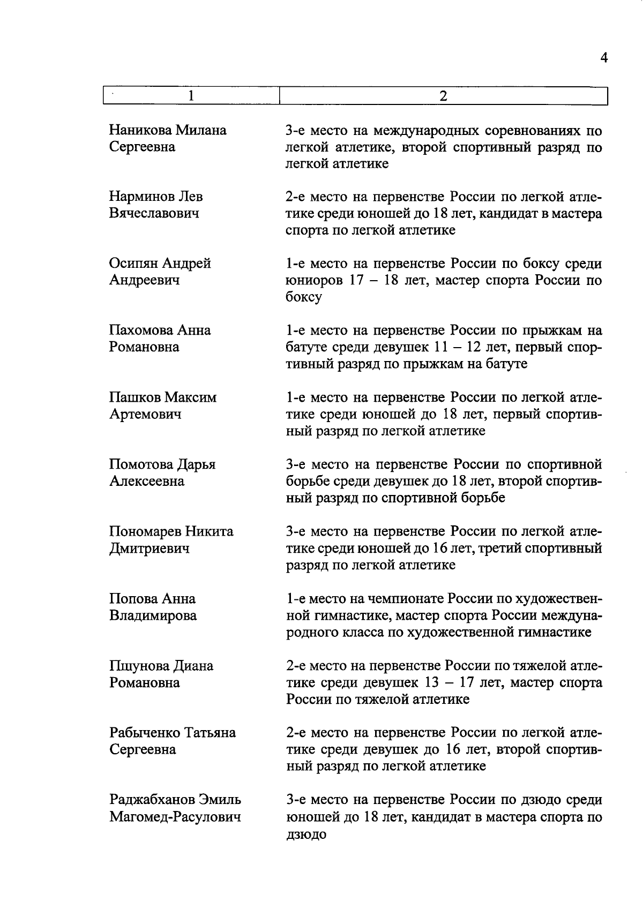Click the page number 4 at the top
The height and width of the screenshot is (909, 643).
click(604, 58)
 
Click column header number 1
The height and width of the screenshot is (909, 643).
click(191, 96)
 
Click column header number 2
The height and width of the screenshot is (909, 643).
click(443, 96)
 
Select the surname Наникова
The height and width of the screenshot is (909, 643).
click(140, 130)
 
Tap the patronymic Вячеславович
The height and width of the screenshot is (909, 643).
click(154, 213)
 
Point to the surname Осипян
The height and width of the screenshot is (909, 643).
click(134, 264)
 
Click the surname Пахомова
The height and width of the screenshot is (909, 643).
click(141, 330)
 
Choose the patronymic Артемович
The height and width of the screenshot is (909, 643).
click(145, 414)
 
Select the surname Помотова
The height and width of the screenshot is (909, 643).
click(141, 464)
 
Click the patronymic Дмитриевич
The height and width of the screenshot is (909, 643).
click(149, 549)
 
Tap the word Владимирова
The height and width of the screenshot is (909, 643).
click(153, 615)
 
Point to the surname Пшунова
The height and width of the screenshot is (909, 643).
click(138, 666)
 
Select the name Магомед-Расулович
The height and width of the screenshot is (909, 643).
click(175, 817)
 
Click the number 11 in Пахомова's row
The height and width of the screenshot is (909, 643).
click(439, 348)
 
